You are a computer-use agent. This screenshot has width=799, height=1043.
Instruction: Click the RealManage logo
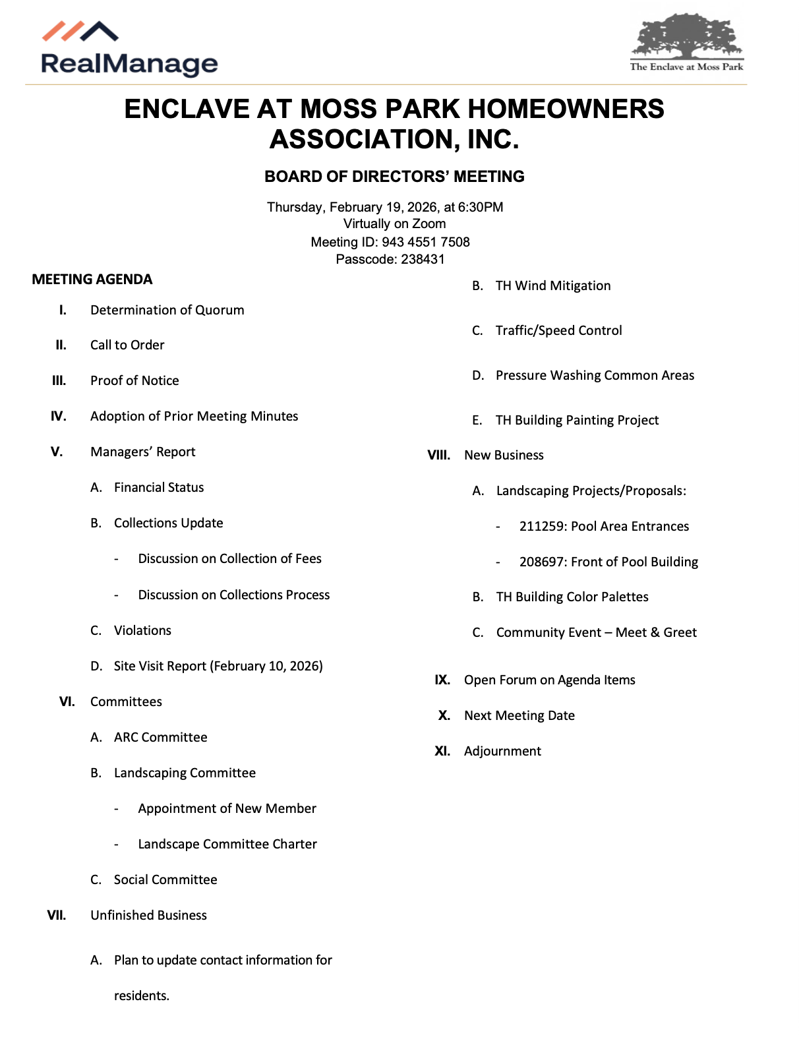point(129,50)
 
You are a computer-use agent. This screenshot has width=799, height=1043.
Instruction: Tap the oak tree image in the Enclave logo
point(686,37)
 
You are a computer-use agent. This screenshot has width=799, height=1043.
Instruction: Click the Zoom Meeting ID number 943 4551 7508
point(425,242)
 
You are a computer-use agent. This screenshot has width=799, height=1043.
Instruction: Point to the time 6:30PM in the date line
point(481,207)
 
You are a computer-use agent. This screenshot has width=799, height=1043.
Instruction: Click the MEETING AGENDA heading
point(92,280)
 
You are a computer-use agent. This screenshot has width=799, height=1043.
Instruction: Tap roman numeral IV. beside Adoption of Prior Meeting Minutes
point(59,416)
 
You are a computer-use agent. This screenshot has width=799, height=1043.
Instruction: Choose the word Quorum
point(220,310)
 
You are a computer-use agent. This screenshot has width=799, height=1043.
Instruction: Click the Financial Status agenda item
point(159,487)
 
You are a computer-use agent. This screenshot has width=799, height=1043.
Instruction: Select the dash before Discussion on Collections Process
point(117,595)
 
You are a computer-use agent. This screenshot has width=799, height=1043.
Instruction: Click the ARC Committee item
point(160,737)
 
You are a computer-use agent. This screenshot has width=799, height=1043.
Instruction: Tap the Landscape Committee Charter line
point(227,844)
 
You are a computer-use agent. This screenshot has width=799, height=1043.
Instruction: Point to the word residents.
point(141,996)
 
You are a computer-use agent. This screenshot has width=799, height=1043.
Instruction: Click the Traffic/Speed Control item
point(558,330)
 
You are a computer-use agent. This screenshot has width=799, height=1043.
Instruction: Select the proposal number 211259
point(541,526)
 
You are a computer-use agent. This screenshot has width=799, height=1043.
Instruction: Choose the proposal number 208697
point(541,562)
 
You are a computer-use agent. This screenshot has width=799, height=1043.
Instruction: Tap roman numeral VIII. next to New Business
point(439,455)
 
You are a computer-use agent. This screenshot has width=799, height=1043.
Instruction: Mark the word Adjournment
point(502,751)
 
